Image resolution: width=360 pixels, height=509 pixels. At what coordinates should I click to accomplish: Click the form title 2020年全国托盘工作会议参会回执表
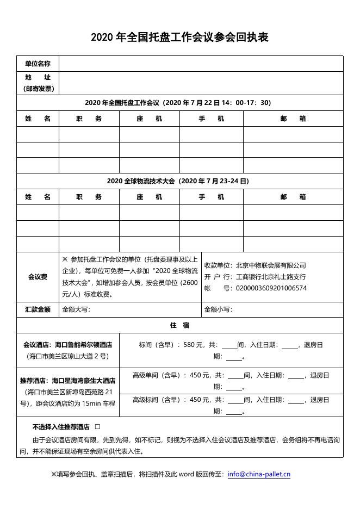pyautogui.click(x=179, y=38)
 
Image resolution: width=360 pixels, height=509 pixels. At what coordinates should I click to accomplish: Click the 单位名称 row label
pyautogui.click(x=38, y=64)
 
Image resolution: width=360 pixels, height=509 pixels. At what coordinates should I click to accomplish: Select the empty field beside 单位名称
pyautogui.click(x=201, y=64)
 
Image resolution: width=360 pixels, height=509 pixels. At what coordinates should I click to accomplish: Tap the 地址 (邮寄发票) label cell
pyautogui.click(x=38, y=83)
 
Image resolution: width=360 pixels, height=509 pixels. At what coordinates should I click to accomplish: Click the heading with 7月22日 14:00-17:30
pyautogui.click(x=179, y=103)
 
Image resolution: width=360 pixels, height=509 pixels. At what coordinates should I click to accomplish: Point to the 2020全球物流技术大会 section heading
pyautogui.click(x=179, y=181)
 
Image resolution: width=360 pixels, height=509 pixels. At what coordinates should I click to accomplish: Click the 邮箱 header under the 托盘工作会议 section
pyautogui.click(x=293, y=119)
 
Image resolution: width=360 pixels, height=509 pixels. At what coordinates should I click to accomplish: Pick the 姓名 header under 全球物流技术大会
pyautogui.click(x=38, y=197)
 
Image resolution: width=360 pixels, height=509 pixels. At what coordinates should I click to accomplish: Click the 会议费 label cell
pyautogui.click(x=38, y=277)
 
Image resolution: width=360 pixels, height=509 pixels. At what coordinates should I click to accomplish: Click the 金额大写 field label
pyautogui.click(x=76, y=309)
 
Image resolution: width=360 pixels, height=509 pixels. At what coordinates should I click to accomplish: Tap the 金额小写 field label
pyautogui.click(x=218, y=309)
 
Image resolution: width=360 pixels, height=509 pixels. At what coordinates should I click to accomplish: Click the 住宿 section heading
pyautogui.click(x=179, y=325)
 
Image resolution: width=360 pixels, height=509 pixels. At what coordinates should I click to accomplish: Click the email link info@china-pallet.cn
pyautogui.click(x=259, y=474)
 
